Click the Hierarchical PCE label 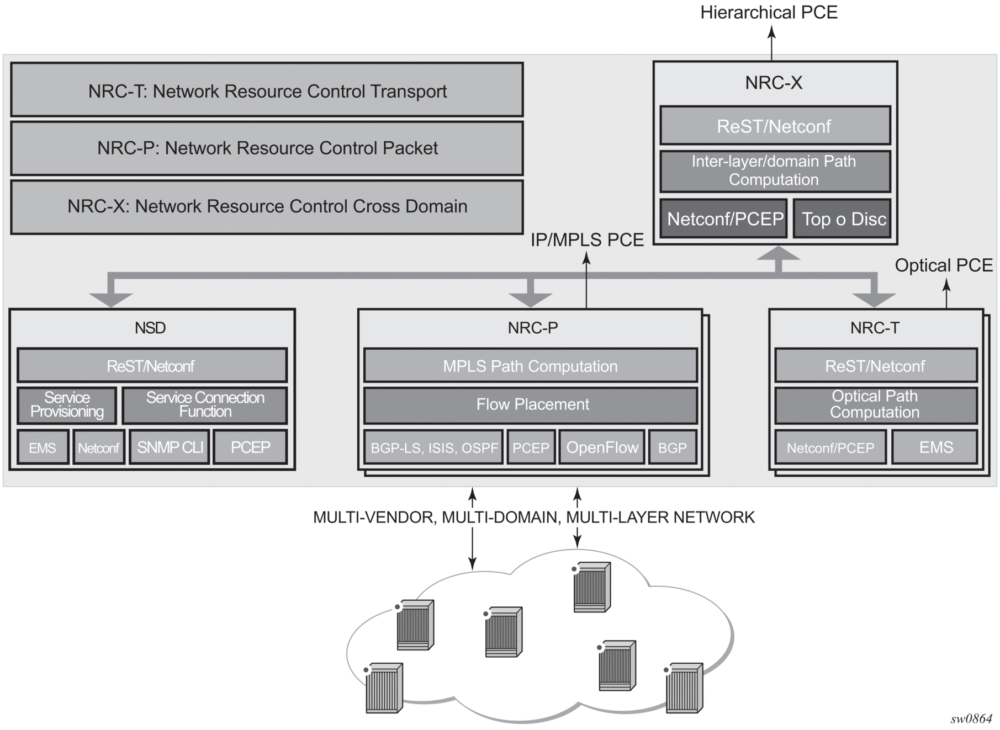tap(769, 13)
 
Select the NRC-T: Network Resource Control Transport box tap(267, 90)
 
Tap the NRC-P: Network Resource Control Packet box tap(267, 148)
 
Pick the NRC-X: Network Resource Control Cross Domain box tap(267, 206)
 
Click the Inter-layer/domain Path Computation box tap(775, 170)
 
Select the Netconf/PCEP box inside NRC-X tap(724, 219)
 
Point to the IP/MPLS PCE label tap(587, 240)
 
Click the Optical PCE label tap(943, 265)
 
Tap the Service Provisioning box tap(67, 405)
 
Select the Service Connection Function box tap(205, 405)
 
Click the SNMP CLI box tap(170, 447)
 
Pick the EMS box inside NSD tap(43, 447)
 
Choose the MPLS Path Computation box tap(530, 366)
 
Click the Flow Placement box tap(530, 405)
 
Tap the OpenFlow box tap(602, 447)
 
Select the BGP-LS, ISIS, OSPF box tap(433, 447)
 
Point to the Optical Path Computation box tap(875, 404)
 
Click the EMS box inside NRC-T tap(935, 447)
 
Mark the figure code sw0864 tap(971, 718)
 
